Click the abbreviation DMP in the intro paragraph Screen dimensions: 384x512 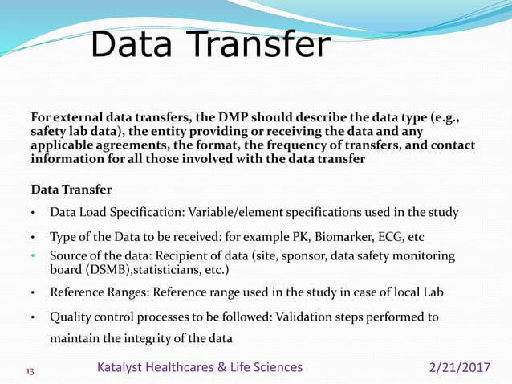click(233, 120)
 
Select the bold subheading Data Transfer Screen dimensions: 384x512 click(71, 190)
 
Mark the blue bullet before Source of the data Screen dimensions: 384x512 click(33, 256)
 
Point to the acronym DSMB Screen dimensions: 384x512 click(72, 270)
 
